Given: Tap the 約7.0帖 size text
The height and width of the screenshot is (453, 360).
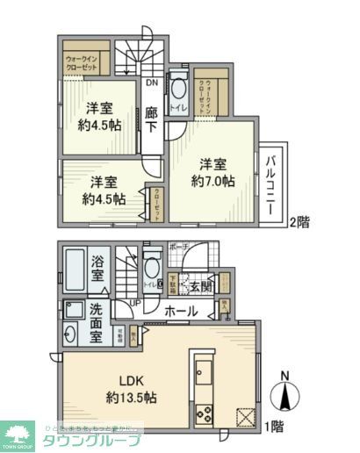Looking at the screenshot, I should tap(214, 181).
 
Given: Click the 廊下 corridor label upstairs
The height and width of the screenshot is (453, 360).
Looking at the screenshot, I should tap(151, 121).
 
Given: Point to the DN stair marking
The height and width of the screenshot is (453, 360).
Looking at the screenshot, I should tap(151, 83).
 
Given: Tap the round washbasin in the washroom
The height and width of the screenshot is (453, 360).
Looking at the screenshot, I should tap(70, 334).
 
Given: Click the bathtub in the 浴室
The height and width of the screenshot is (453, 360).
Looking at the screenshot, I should tap(75, 273).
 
